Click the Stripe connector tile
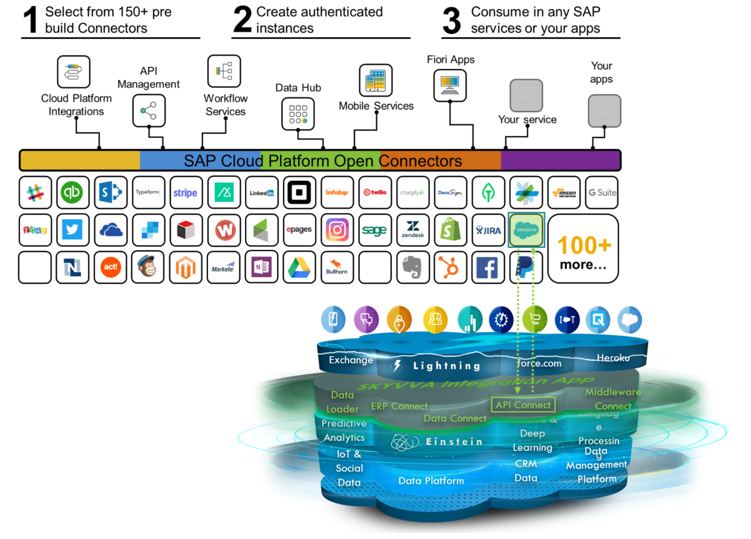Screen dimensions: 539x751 (186, 193)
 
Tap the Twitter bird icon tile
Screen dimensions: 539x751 (72, 230)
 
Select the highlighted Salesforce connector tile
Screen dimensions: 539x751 (526, 230)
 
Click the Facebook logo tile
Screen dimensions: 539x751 (488, 267)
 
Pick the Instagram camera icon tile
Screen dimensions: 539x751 (337, 230)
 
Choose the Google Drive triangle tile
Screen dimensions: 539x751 (299, 267)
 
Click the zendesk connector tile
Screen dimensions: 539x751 (412, 230)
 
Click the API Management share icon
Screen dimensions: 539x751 (148, 111)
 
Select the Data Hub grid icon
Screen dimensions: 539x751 (298, 114)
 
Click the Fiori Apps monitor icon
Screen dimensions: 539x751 (450, 86)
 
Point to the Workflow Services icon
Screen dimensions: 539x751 (224, 71)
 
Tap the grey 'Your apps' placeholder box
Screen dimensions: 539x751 (604, 111)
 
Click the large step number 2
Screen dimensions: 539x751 (242, 20)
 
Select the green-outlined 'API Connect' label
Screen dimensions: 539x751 (523, 405)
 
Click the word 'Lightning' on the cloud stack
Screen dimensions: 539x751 (446, 366)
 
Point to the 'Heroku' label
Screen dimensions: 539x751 (613, 358)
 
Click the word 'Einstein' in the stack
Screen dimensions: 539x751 (454, 442)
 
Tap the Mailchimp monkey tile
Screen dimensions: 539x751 (148, 267)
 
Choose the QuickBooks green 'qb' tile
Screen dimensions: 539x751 (72, 193)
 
